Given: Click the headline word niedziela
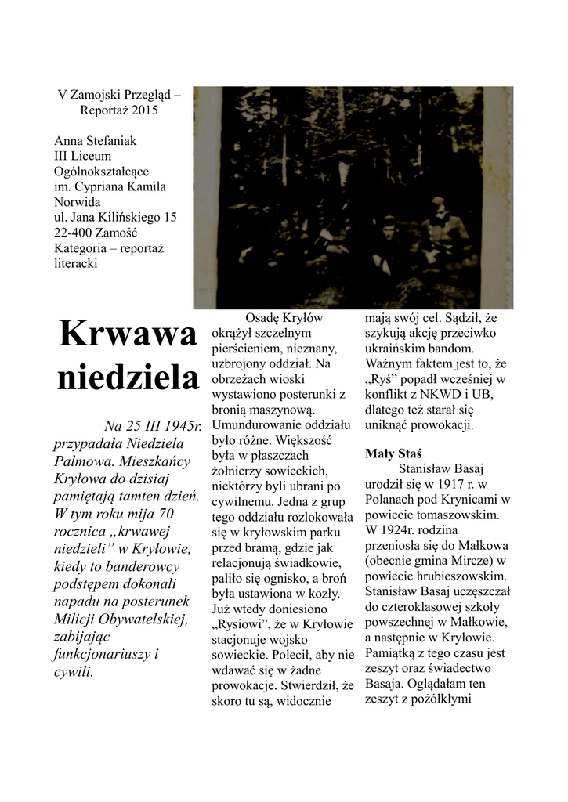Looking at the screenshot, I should pos(127,378).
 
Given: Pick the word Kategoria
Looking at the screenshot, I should pos(81,249).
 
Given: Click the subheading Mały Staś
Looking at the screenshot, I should pos(393,453).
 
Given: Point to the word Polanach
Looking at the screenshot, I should pos(392,500).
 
